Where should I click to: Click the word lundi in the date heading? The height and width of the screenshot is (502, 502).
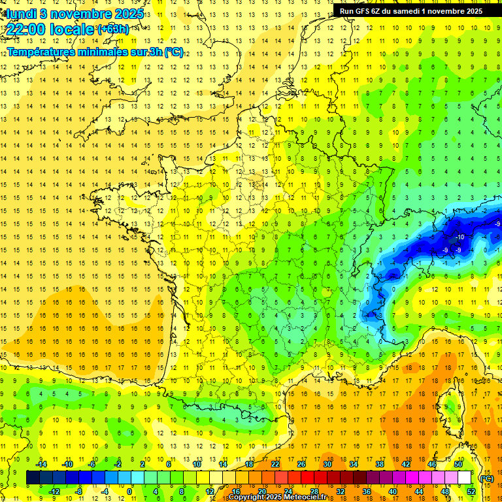tap(20, 14)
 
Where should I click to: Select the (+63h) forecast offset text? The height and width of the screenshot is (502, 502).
tap(113, 29)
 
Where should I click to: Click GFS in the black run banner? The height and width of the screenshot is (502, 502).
tap(362, 10)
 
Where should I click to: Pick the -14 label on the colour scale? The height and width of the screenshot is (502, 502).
tap(42, 464)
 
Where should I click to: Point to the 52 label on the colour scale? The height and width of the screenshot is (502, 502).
tap(471, 492)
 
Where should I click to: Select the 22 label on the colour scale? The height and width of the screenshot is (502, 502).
tap(275, 464)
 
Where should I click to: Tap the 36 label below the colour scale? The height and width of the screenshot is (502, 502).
tap(366, 492)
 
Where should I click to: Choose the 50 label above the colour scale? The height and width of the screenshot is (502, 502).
tap(458, 464)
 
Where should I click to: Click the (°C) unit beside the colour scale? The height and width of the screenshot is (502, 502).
tap(487, 478)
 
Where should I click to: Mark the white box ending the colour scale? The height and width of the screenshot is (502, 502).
tap(465, 478)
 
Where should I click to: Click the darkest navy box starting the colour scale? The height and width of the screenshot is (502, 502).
tap(33, 478)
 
